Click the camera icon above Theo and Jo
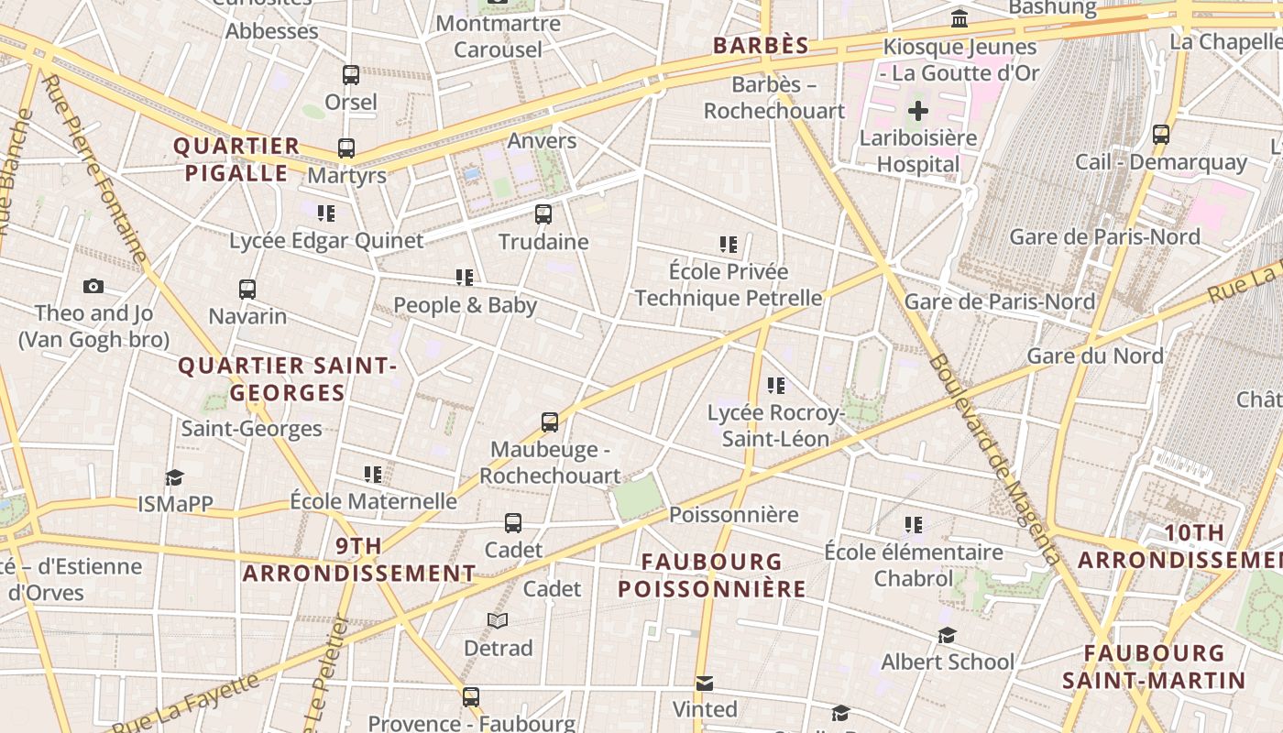[93, 287]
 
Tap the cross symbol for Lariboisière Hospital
[917, 112]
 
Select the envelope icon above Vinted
[704, 684]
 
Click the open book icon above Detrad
[498, 621]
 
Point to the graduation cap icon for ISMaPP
[174, 477]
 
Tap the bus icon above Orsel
[351, 75]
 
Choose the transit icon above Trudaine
[543, 214]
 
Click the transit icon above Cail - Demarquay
[1161, 135]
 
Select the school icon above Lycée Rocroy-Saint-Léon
[776, 386]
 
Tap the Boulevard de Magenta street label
[994, 458]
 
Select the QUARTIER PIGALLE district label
[236, 159]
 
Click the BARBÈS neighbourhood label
[761, 46]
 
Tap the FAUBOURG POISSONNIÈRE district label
[712, 575]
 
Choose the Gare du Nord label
[1095, 356]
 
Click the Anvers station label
[542, 140]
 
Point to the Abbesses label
[272, 31]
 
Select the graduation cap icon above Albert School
[947, 635]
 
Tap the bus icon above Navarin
[247, 290]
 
